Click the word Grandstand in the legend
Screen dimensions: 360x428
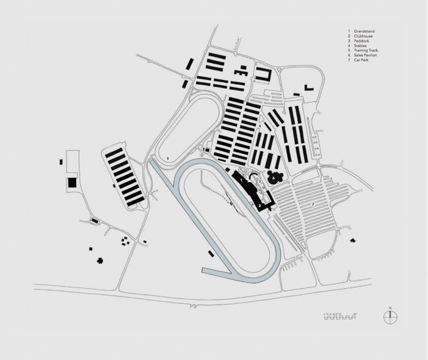364,31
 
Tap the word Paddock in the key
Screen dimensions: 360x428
362,41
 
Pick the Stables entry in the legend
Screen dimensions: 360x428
361,46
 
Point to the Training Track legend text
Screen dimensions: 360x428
366,51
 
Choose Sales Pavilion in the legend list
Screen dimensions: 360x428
366,55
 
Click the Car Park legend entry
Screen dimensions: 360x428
362,60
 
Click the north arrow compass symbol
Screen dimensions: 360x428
390,317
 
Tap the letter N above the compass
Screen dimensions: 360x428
390,308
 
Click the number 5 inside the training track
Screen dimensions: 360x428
168,157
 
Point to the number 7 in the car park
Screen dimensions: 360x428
313,203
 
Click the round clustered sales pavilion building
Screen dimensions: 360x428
275,177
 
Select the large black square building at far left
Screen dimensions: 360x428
71,183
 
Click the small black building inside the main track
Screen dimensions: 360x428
210,253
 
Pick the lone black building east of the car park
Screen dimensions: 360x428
353,240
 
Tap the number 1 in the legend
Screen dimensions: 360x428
349,31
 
